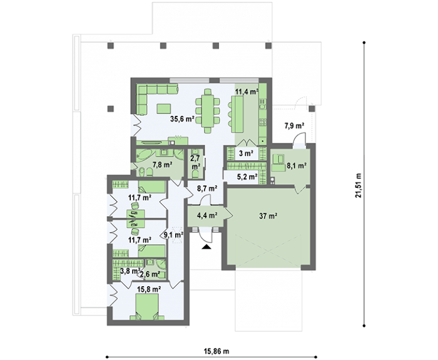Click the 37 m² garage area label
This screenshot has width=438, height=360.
(268, 215)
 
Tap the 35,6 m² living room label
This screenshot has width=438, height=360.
(183, 119)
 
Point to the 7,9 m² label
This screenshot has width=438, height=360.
(295, 126)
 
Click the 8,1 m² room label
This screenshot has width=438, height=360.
(297, 166)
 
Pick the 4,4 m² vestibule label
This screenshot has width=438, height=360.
(207, 215)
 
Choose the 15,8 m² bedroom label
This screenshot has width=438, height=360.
(148, 289)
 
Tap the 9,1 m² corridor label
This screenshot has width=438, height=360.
(173, 235)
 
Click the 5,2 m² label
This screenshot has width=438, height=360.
(247, 177)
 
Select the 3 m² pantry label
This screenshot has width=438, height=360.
(247, 153)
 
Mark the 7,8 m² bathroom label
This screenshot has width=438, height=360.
(161, 165)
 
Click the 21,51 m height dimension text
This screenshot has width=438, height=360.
(359, 185)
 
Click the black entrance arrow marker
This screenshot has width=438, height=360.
(206, 247)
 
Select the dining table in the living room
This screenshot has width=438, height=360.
(208, 111)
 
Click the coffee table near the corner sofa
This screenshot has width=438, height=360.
(164, 108)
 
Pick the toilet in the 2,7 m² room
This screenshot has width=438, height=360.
(196, 175)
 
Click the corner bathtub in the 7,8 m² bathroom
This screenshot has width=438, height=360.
(144, 154)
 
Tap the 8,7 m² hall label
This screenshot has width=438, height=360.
(207, 188)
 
